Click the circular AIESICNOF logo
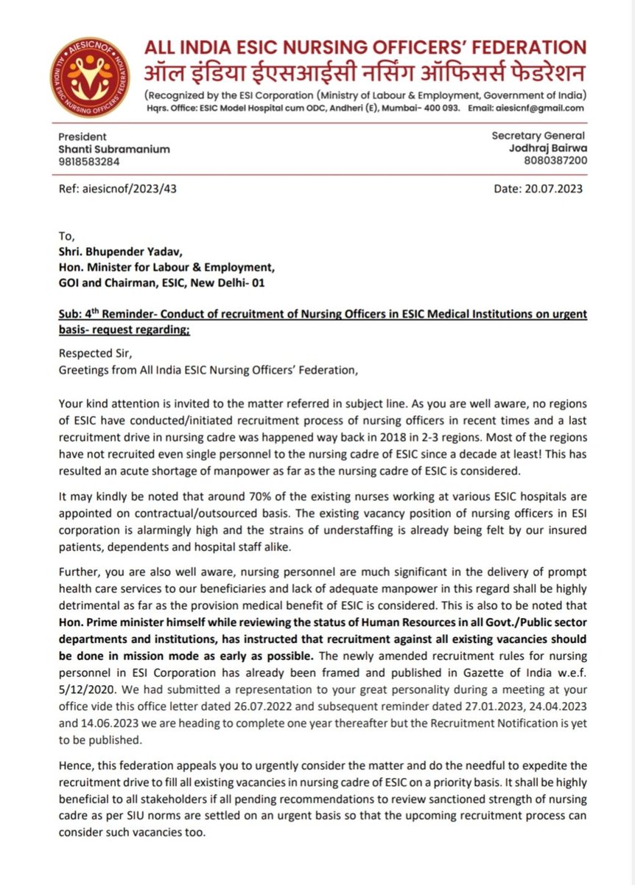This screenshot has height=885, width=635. coord(89,77)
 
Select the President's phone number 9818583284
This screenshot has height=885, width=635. coord(89,162)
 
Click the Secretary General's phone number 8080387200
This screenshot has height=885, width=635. coord(556,159)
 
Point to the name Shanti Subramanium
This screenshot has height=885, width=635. coord(114,149)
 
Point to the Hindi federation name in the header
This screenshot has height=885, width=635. coord(365,74)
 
